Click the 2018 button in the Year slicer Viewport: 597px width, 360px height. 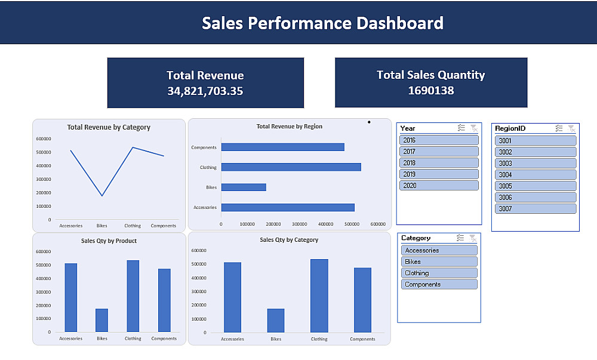[x=439, y=163]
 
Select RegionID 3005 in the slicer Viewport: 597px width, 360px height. [x=536, y=186]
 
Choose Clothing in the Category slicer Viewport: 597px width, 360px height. [x=439, y=273]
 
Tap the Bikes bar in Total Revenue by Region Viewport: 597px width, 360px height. [x=244, y=187]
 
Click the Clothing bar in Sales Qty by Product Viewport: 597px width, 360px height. [x=133, y=296]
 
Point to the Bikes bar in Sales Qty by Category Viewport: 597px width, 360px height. [x=276, y=321]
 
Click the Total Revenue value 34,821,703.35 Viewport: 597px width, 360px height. [x=205, y=91]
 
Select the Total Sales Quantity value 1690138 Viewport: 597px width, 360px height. [x=431, y=91]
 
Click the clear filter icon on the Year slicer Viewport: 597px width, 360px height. [x=473, y=128]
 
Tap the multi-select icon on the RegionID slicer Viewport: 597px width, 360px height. [x=559, y=128]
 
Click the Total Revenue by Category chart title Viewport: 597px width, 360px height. [x=109, y=127]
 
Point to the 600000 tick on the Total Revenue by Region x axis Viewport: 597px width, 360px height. [x=378, y=224]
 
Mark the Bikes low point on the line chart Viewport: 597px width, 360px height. [x=102, y=196]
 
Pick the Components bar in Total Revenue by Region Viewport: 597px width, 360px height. [x=282, y=147]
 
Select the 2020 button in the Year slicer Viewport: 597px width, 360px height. [x=439, y=186]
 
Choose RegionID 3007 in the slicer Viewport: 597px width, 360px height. [x=536, y=209]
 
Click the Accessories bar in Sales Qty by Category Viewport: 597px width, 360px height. [x=232, y=297]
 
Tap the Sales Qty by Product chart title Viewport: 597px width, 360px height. [x=109, y=241]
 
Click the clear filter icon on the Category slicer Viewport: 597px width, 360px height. [x=472, y=238]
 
